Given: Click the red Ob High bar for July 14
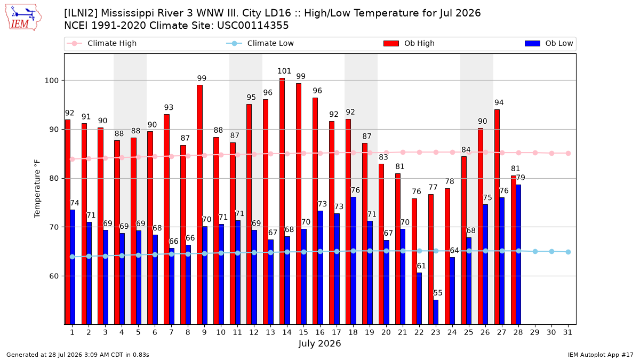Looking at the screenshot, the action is click(282, 201).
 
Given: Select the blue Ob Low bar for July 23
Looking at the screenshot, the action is click(436, 312).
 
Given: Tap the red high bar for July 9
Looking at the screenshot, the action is click(199, 205).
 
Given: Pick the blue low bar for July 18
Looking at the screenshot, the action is click(354, 261).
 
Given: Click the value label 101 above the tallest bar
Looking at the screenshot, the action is click(284, 71).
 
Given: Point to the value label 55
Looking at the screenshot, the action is click(438, 293).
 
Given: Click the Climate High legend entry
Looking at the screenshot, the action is click(102, 43).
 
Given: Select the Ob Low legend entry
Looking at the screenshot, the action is click(549, 43).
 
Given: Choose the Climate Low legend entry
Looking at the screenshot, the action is click(260, 43).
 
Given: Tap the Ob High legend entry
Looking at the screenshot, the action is click(409, 43).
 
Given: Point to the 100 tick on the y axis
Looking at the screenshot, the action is click(51, 81).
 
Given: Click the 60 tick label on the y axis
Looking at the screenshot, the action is click(54, 276).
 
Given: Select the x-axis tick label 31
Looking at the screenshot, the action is click(567, 332).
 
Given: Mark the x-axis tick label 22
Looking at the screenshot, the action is click(419, 332).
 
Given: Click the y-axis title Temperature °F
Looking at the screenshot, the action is click(37, 189).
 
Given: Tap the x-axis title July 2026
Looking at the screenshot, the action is click(319, 343).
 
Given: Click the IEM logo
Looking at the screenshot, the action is click(23, 18).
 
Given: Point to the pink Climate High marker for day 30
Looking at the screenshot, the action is click(551, 154).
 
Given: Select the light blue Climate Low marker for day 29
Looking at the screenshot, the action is click(535, 251).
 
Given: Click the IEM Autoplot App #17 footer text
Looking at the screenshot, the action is click(601, 355).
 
